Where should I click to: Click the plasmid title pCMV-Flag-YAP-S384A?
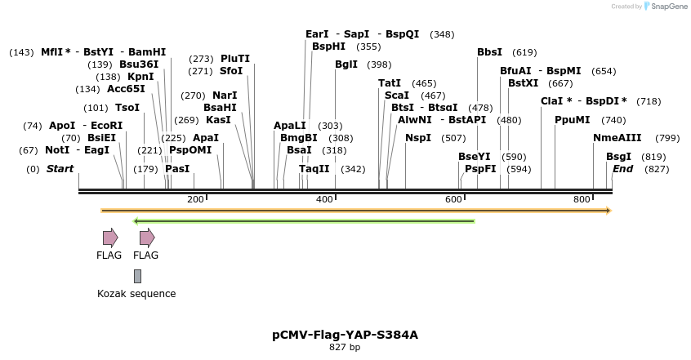click(x=345, y=335)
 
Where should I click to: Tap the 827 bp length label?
click(x=345, y=348)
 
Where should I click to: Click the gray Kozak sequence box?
click(x=137, y=276)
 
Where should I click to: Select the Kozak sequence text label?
click(x=136, y=294)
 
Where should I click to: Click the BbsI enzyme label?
click(x=489, y=52)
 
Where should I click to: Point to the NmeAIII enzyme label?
click(x=617, y=138)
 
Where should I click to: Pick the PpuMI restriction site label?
click(x=572, y=120)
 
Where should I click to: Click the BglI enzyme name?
click(x=346, y=64)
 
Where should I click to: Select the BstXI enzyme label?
click(x=523, y=83)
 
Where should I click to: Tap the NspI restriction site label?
click(x=417, y=138)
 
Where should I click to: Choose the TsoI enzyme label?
click(x=127, y=108)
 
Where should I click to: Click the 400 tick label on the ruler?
click(x=324, y=199)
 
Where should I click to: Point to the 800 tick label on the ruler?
click(x=582, y=199)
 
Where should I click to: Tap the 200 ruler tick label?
click(x=195, y=199)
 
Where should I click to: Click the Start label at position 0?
click(x=60, y=169)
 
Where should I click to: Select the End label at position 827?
click(x=622, y=169)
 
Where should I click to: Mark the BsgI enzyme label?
click(x=618, y=157)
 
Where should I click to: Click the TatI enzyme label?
click(x=390, y=83)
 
